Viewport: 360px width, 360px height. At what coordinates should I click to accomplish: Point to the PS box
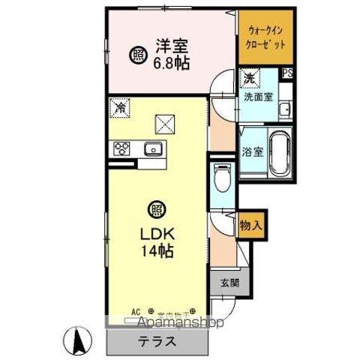click(x=287, y=73)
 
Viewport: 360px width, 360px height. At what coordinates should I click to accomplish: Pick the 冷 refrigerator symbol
click(x=119, y=107)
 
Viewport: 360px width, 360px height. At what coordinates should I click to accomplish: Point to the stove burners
click(x=122, y=148)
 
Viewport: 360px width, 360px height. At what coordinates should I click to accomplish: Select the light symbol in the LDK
click(x=155, y=211)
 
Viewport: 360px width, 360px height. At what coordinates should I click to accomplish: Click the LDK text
click(x=156, y=233)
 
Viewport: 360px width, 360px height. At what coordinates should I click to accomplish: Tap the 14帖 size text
click(x=156, y=251)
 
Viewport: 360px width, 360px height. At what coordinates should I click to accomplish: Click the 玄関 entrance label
click(x=229, y=283)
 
